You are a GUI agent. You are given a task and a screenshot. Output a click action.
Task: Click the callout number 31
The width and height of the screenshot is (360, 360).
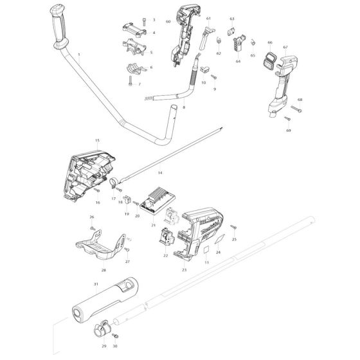pos(95,284)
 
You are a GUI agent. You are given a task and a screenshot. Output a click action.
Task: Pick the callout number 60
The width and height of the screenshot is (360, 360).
pos(168,22)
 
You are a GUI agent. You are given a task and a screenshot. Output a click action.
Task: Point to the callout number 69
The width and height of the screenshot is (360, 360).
pos(287,130)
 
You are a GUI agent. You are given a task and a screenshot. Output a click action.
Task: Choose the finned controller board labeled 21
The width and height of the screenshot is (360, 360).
pos(157,199)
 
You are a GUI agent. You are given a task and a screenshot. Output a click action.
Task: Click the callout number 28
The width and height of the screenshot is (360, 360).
pos(103,271)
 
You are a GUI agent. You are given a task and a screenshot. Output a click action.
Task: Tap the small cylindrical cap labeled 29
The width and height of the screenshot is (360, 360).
pos(102,330)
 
